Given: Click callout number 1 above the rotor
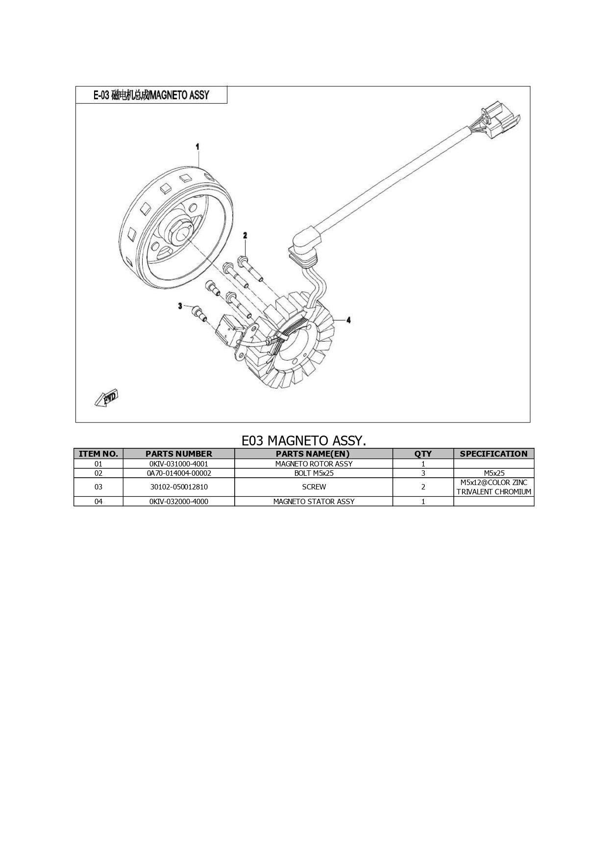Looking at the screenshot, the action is (x=197, y=146).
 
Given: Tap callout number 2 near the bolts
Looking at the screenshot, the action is (x=245, y=236).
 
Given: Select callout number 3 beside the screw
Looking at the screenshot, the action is (x=180, y=306).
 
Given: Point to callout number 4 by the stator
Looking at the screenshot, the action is (x=349, y=320).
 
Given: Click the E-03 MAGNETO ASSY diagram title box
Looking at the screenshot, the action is (x=151, y=95).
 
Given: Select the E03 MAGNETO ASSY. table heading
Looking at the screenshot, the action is (x=304, y=441).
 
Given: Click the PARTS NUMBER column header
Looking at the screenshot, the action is (x=179, y=454).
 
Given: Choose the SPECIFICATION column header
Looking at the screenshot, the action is (x=494, y=454).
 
